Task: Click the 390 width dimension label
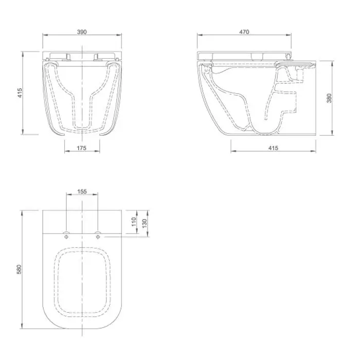(x=82, y=32)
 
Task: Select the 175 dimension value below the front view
(x=81, y=148)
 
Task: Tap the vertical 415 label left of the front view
(x=20, y=93)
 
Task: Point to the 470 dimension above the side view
(x=244, y=32)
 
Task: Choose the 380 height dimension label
(x=329, y=98)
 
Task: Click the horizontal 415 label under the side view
(x=273, y=148)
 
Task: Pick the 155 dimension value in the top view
(x=82, y=191)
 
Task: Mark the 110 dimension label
(x=134, y=222)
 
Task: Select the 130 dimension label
(x=145, y=223)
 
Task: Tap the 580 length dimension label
(x=19, y=269)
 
